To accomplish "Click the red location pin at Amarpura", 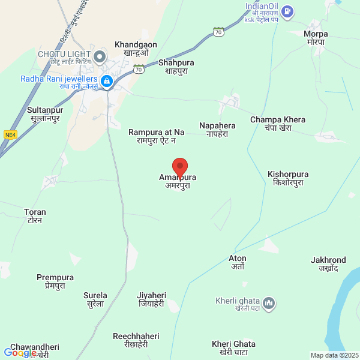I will point(180,167).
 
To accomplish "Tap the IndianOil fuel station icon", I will point(288,10).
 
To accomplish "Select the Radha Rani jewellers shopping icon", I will point(107,80).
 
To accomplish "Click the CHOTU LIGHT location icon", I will point(100,57).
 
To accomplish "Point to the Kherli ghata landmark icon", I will point(269,304).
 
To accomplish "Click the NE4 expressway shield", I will point(10,135).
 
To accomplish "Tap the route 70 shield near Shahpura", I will point(139,69).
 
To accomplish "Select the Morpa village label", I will point(314,37).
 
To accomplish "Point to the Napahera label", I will point(217,130).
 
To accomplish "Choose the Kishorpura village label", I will point(288,178).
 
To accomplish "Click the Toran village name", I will point(35,215).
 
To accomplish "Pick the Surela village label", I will point(95,299).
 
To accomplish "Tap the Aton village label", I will point(238,262).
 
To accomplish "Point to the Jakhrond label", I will point(329,263).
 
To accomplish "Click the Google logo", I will point(19,353).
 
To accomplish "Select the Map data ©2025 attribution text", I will point(333,355).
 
